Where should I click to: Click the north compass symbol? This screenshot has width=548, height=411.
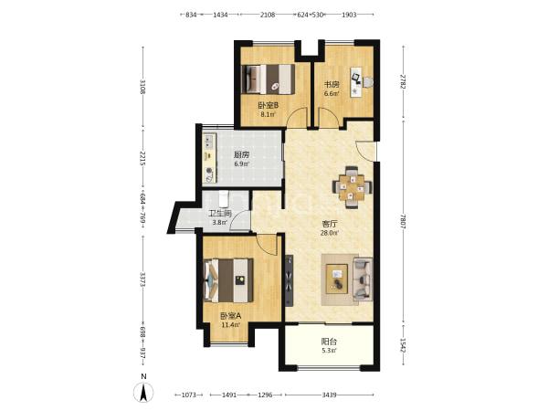143,392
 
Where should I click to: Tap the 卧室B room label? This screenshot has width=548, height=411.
268,105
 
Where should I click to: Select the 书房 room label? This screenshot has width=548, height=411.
332,84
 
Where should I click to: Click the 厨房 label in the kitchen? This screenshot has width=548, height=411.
241,155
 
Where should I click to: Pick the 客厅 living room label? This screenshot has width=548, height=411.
329,224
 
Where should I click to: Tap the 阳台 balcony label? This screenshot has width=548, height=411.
329,341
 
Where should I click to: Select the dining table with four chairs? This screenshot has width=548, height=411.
352,187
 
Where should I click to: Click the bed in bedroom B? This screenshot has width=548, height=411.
268,79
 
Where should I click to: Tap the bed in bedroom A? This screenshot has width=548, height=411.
228,280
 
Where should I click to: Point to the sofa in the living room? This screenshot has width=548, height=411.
363,279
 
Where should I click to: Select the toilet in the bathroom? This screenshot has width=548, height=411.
224,199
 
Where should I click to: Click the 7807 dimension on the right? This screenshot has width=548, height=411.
403,221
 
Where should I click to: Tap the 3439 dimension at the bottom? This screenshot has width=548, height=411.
329,395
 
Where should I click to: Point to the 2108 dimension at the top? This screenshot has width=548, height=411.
268,15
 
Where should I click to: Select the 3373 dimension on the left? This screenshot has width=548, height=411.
142,279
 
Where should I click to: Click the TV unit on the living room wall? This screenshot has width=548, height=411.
290,281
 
